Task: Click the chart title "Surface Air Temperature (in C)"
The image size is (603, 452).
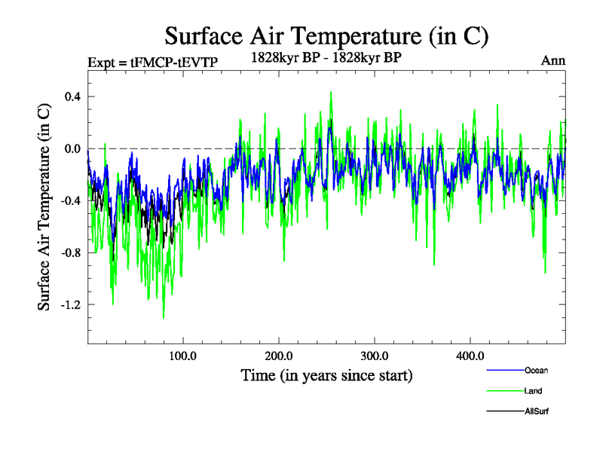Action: tap(327, 35)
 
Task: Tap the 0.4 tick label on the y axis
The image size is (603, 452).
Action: tap(72, 96)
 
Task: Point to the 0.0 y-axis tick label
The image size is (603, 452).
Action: tap(72, 148)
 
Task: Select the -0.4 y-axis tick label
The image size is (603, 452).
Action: tap(71, 200)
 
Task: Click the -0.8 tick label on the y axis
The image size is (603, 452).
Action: tap(71, 252)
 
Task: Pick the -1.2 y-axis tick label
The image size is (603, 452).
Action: tap(71, 304)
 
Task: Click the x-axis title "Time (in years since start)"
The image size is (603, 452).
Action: tap(326, 374)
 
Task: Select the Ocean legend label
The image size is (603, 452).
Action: tap(537, 371)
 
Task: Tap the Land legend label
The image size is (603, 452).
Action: tap(534, 391)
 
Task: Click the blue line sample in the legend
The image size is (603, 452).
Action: tap(504, 371)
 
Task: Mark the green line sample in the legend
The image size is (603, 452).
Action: tap(504, 391)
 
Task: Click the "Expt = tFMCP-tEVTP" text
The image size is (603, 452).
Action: tap(153, 62)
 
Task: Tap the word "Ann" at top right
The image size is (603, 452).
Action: tap(552, 60)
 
